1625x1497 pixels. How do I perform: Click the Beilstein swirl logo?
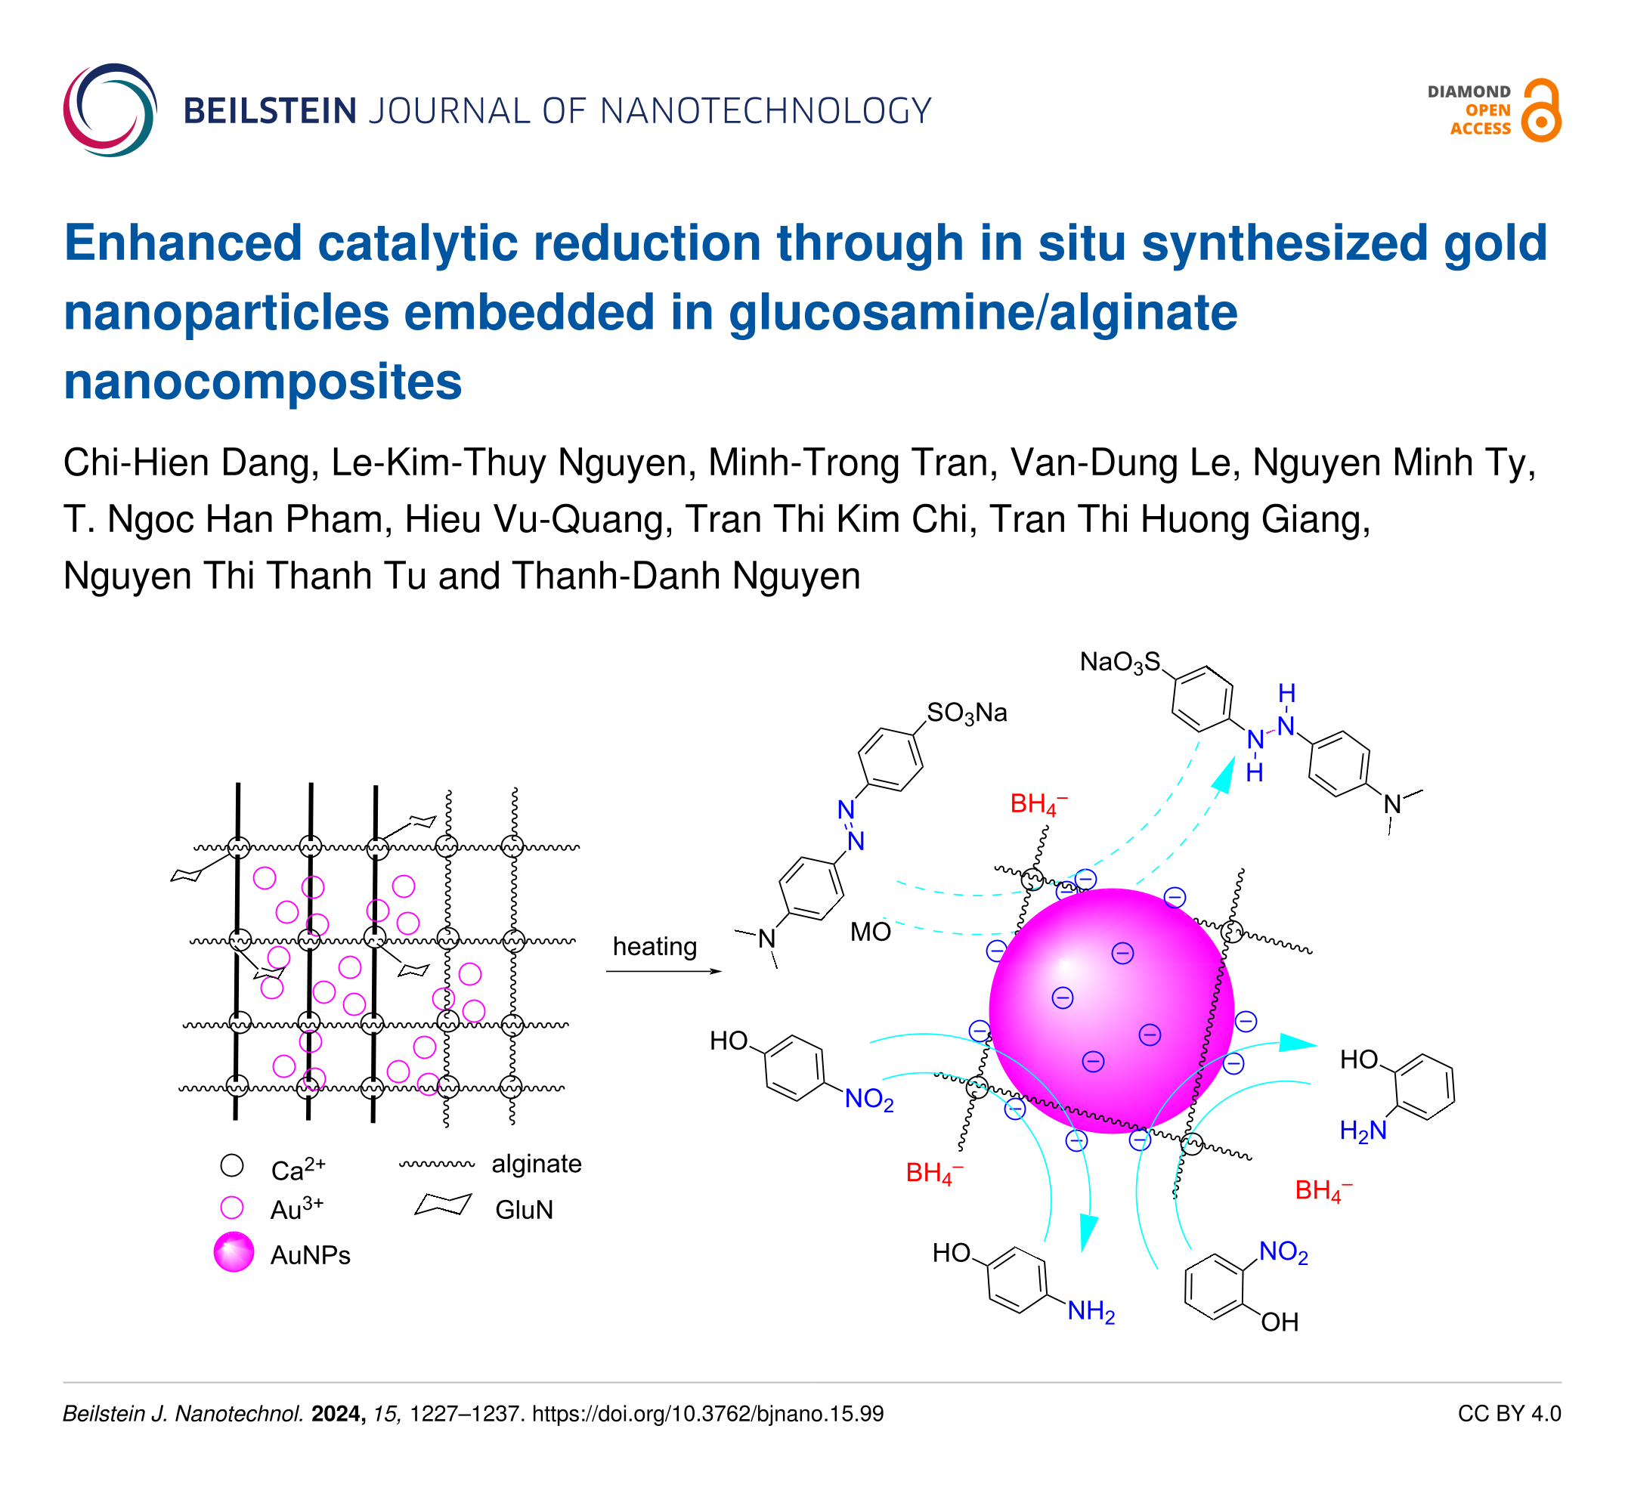click(x=110, y=110)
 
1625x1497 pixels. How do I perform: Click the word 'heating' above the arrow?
click(x=654, y=946)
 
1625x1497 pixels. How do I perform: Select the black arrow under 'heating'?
click(x=664, y=971)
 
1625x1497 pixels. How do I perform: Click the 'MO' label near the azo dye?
click(x=870, y=933)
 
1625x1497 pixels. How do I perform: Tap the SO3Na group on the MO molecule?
click(x=967, y=713)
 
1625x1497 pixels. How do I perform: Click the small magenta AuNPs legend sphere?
click(x=234, y=1252)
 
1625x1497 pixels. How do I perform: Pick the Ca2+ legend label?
click(x=298, y=1170)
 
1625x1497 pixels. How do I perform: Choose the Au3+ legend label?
click(x=296, y=1209)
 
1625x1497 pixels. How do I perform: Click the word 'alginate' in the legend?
click(x=537, y=1164)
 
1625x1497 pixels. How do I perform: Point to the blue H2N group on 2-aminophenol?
click(x=1363, y=1130)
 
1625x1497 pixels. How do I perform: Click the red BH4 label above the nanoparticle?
click(x=1038, y=804)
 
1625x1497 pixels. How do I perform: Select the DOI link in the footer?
click(x=707, y=1414)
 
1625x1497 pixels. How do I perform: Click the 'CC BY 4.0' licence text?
click(x=1509, y=1414)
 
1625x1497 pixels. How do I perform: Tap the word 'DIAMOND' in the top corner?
click(x=1469, y=91)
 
